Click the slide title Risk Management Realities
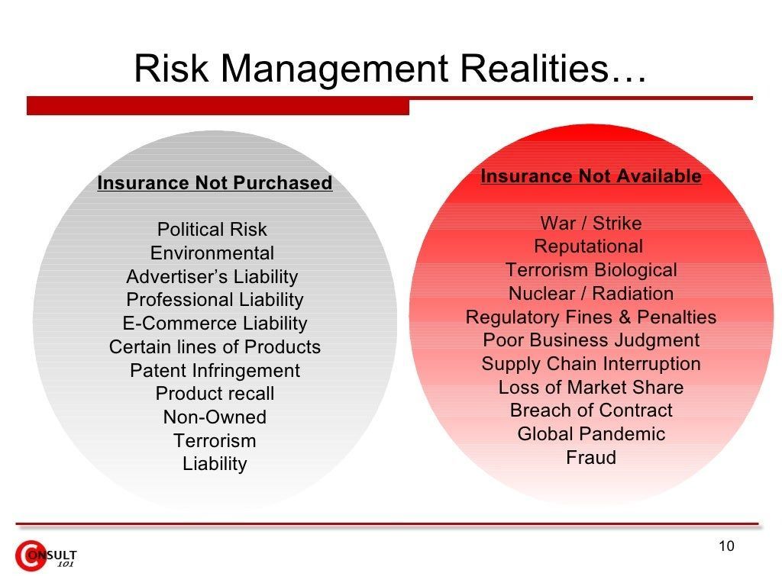click(x=390, y=69)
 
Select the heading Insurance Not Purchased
click(x=215, y=183)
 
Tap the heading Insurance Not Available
click(x=591, y=176)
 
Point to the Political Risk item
click(x=212, y=230)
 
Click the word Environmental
click(x=212, y=253)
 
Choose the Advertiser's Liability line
click(x=212, y=276)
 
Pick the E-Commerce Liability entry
click(x=215, y=324)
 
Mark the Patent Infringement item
click(x=215, y=371)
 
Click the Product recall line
click(x=215, y=394)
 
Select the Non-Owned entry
click(x=215, y=417)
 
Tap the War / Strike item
click(x=591, y=224)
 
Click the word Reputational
click(x=589, y=246)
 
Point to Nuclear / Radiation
click(x=591, y=294)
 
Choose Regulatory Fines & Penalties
click(x=591, y=317)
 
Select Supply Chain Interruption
click(x=591, y=364)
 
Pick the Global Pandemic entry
click(x=591, y=434)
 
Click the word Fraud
click(x=591, y=458)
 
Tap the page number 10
click(x=727, y=546)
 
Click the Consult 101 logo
click(x=45, y=556)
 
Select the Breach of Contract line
click(x=591, y=411)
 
